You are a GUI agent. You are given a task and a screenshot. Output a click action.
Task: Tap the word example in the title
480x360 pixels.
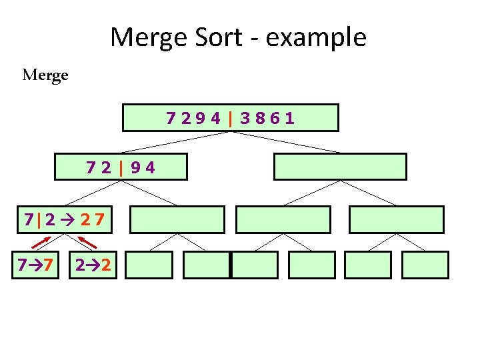click(x=316, y=38)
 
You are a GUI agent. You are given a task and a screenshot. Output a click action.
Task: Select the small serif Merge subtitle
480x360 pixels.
click(x=45, y=75)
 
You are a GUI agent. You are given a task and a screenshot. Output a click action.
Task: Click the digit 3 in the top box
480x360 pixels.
click(x=246, y=119)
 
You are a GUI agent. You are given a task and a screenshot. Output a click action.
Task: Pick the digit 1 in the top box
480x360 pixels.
click(x=290, y=119)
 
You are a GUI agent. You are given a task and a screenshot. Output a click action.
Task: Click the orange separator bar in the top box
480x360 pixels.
click(x=230, y=119)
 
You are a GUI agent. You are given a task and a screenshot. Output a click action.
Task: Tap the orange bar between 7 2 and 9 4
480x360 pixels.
click(x=121, y=167)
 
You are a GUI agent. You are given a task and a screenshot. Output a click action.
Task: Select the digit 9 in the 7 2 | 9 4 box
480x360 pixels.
click(x=136, y=167)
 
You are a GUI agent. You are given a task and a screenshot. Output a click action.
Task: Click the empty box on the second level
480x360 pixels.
click(x=340, y=167)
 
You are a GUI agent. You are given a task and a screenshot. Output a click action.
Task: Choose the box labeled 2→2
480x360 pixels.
click(x=93, y=265)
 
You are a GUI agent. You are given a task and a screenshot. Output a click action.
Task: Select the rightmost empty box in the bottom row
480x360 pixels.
click(x=425, y=265)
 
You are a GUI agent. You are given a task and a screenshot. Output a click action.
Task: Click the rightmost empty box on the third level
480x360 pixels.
click(x=396, y=219)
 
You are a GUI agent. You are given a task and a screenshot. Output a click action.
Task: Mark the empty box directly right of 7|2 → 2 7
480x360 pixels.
click(x=177, y=219)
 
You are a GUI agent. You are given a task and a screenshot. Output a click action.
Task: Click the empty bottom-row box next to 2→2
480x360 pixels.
click(x=149, y=265)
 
